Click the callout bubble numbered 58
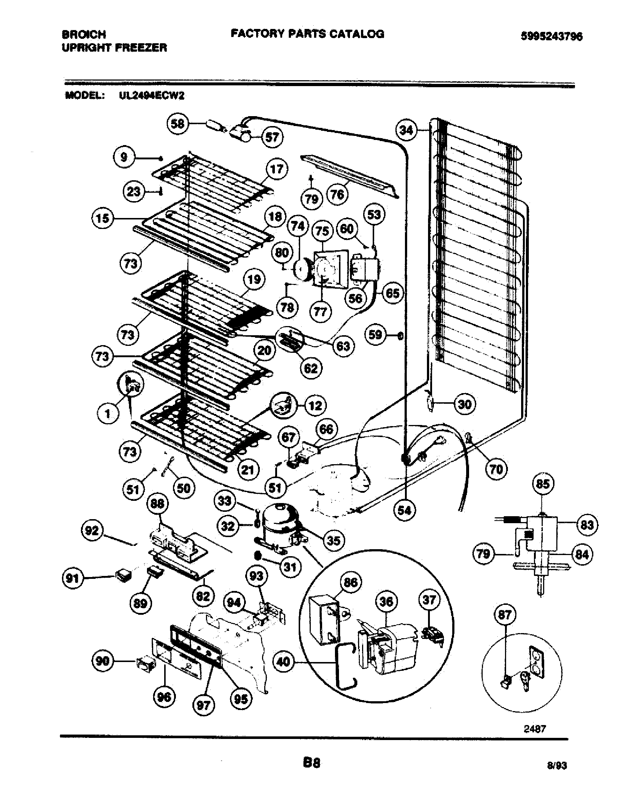(x=177, y=123)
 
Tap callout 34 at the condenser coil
(x=407, y=130)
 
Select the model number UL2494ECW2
(x=151, y=96)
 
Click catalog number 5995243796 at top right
(x=552, y=36)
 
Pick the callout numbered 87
(x=505, y=614)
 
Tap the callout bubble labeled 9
(x=124, y=158)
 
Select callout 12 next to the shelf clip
(x=315, y=406)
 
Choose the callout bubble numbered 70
(x=496, y=469)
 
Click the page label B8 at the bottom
(x=311, y=763)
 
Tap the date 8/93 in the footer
(x=557, y=766)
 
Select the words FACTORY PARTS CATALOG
(x=307, y=34)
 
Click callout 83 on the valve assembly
(x=587, y=524)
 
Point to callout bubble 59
(x=376, y=335)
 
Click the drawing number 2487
(x=534, y=729)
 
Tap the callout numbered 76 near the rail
(x=337, y=194)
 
